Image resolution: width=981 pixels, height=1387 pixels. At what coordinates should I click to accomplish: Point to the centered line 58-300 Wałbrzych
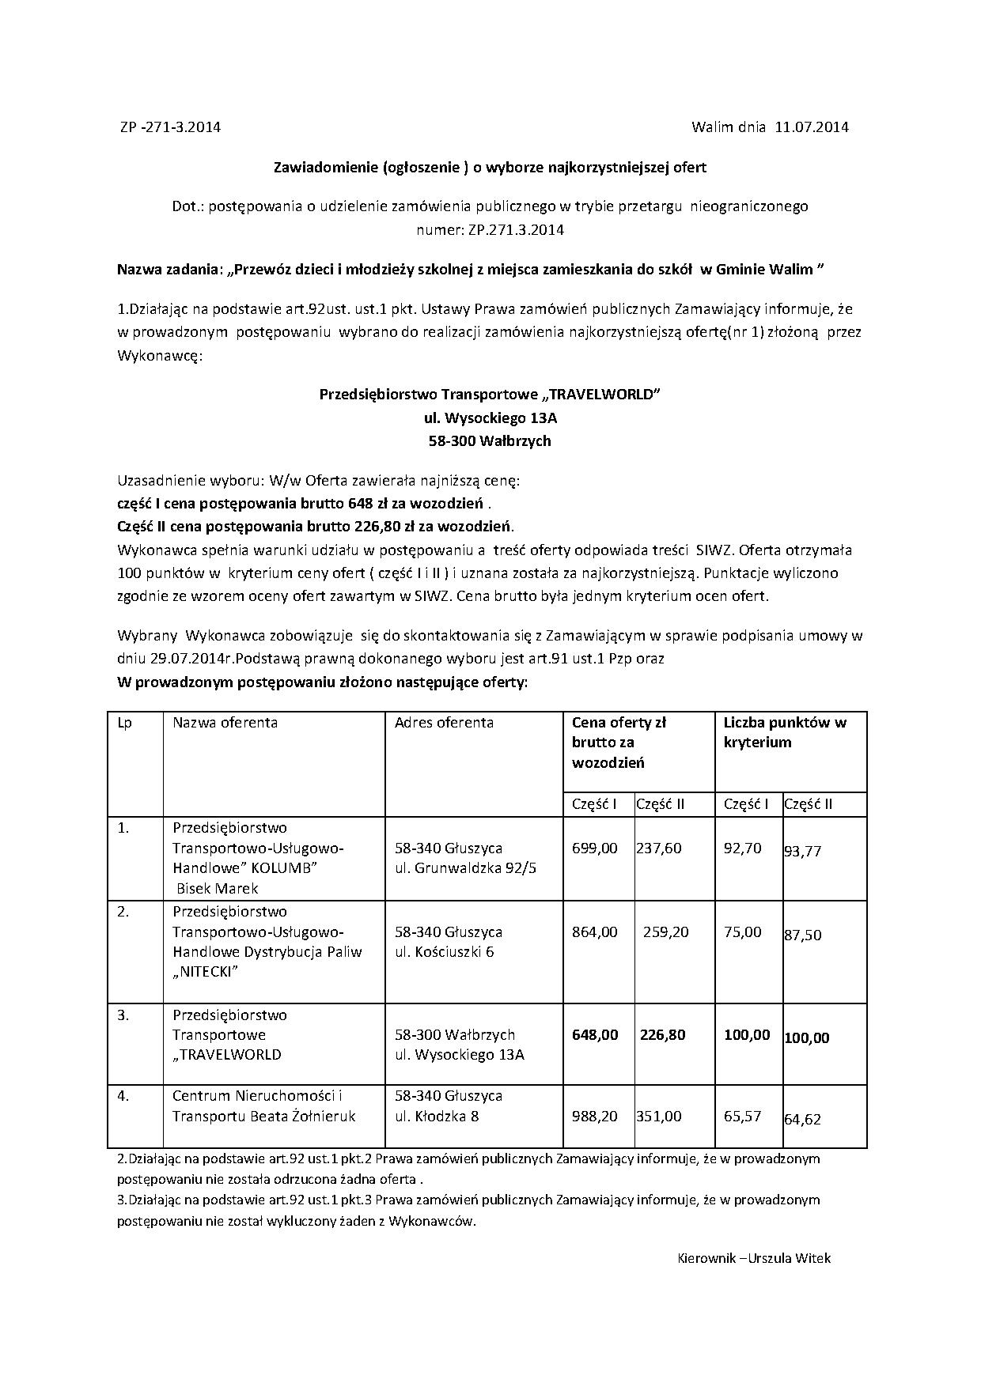[490, 441]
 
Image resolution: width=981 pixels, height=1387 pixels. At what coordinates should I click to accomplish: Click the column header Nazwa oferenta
[225, 722]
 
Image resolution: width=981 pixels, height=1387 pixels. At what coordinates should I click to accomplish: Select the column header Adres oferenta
[444, 722]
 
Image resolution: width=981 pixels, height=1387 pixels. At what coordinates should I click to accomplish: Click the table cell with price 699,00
[594, 848]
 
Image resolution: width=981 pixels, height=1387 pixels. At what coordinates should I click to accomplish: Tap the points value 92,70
[743, 848]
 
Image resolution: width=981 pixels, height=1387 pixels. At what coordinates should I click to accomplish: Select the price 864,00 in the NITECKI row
[594, 932]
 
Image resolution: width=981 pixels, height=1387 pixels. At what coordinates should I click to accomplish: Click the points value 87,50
[803, 935]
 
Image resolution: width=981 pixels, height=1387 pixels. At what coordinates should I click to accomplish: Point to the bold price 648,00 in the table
[595, 1035]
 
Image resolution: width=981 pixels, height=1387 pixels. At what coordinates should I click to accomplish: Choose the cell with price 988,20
[594, 1116]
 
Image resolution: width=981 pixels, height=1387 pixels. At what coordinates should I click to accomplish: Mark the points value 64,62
[803, 1119]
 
